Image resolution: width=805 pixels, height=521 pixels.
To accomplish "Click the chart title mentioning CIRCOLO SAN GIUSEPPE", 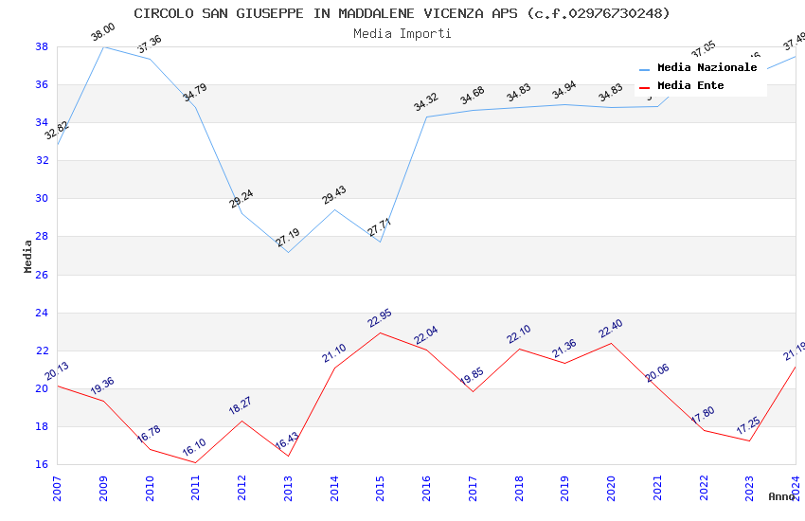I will [x=402, y=13].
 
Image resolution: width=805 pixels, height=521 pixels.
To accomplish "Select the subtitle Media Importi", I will [x=402, y=33].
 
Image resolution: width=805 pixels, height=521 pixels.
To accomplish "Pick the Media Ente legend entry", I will [x=690, y=86].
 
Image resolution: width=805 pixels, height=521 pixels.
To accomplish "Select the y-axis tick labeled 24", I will [x=42, y=313].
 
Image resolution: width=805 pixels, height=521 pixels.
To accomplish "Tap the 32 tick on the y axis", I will [x=42, y=160].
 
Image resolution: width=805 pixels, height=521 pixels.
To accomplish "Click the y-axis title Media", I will [x=28, y=256].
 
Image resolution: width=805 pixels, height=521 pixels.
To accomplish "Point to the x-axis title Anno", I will [x=781, y=496].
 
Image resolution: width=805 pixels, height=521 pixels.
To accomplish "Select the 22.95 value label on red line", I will [x=380, y=318].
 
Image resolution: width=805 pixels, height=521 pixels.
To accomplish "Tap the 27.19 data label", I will [x=288, y=238].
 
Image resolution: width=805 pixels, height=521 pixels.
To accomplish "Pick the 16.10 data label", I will [x=194, y=448].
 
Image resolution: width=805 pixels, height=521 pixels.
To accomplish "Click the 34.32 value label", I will [x=426, y=102].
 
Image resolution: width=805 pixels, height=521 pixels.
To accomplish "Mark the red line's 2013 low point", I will [x=288, y=457].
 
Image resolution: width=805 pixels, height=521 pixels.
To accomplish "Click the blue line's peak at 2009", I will [x=103, y=46].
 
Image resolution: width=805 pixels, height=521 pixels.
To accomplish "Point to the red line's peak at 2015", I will [x=381, y=332].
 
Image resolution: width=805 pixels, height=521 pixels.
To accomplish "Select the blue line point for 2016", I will [x=427, y=117].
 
